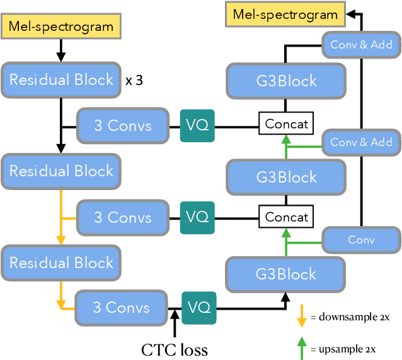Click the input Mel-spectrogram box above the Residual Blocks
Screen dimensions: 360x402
click(x=61, y=26)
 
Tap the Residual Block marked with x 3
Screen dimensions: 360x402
click(x=61, y=80)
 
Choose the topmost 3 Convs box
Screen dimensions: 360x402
click(x=123, y=125)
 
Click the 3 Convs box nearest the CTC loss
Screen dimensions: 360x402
click(x=122, y=307)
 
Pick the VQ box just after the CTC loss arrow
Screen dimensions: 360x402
click(x=198, y=308)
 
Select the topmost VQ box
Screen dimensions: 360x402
click(x=197, y=125)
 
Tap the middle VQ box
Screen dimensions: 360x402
click(x=197, y=217)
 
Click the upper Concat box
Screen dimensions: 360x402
click(x=287, y=124)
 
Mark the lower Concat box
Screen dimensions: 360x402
click(x=287, y=217)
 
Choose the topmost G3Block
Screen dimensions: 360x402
click(x=286, y=81)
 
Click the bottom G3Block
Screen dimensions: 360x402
click(x=286, y=274)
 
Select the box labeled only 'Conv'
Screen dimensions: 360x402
click(x=361, y=240)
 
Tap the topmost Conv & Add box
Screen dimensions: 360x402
click(x=361, y=45)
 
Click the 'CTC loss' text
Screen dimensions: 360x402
click(x=173, y=348)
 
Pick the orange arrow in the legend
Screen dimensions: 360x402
click(x=301, y=315)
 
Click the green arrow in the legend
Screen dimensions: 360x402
click(x=301, y=348)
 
